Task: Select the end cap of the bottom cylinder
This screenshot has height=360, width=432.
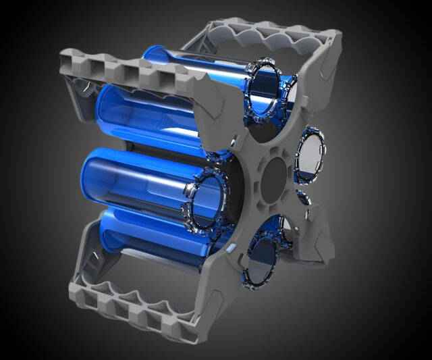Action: [265, 258]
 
